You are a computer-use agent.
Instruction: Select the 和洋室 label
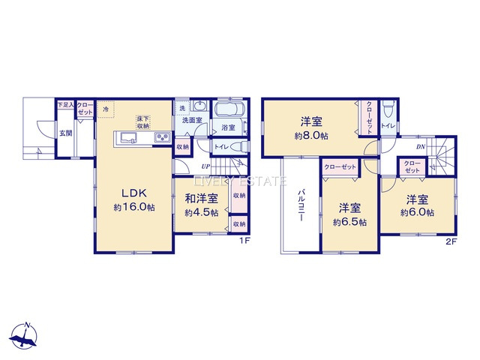tap(202, 199)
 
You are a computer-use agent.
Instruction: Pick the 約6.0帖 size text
tap(417, 213)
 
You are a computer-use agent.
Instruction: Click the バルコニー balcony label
tap(298, 203)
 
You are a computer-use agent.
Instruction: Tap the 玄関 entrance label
tap(66, 133)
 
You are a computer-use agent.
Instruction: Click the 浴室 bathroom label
tap(228, 128)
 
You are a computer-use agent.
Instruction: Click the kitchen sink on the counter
tap(126, 136)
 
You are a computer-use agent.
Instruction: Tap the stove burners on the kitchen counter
tap(162, 136)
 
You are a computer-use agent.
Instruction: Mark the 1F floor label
tap(243, 240)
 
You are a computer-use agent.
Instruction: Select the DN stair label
tap(420, 147)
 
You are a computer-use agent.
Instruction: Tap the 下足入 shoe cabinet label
tap(65, 104)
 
